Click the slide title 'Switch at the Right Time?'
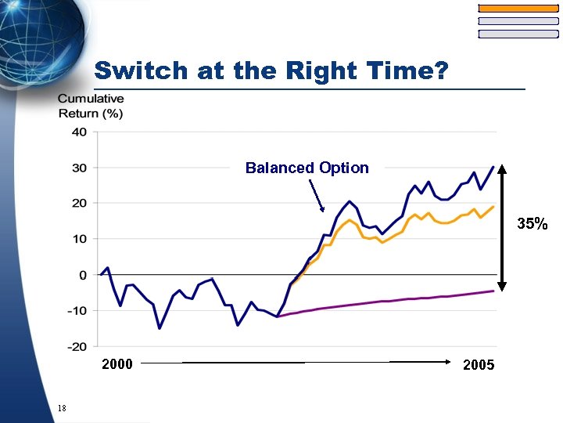(x=271, y=71)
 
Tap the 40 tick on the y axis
(x=79, y=132)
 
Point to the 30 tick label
(x=79, y=168)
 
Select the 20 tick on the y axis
(x=79, y=203)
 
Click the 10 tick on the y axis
(x=79, y=239)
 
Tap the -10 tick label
(x=77, y=311)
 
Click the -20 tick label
(x=77, y=347)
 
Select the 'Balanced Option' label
(x=307, y=168)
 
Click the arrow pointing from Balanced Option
(x=316, y=196)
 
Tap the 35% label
(x=532, y=224)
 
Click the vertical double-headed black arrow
(x=502, y=227)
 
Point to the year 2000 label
(x=117, y=364)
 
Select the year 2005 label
(x=479, y=365)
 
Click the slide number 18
(x=62, y=409)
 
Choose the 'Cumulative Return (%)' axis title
(x=91, y=106)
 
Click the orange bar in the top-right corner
(x=518, y=8)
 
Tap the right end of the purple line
(x=493, y=291)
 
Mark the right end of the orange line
(x=493, y=207)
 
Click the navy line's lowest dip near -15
(x=160, y=328)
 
